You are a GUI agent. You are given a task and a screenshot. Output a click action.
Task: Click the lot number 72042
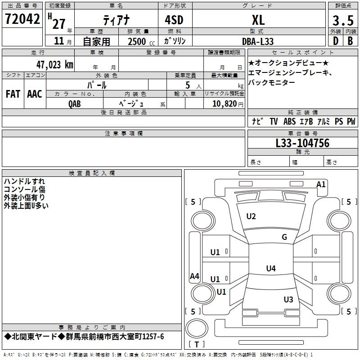[22, 19]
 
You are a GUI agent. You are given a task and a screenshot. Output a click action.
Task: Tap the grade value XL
[258, 20]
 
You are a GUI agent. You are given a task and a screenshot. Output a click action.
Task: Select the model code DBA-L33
[258, 41]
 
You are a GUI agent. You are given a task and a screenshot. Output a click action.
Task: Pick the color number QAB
[75, 103]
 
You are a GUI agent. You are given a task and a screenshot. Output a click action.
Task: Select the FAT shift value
[13, 94]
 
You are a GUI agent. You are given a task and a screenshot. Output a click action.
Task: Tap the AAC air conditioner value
[35, 94]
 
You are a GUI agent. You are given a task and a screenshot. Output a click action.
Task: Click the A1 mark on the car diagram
[321, 184]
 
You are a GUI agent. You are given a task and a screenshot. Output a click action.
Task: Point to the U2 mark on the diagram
[251, 216]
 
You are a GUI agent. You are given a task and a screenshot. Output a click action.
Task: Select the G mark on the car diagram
[284, 237]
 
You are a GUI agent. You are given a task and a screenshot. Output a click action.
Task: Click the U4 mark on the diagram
[270, 269]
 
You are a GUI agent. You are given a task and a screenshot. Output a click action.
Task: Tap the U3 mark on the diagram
[288, 299]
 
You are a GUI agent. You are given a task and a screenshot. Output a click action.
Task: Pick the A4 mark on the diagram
[194, 276]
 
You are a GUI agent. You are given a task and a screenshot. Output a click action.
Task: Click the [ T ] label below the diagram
[197, 344]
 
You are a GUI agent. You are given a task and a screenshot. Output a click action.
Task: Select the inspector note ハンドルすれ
[24, 181]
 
